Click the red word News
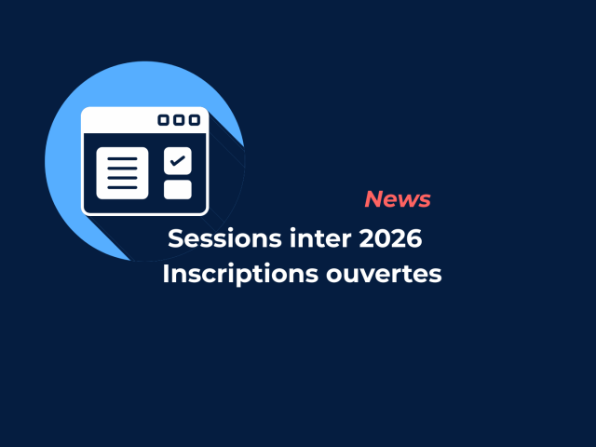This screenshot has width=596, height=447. pyautogui.click(x=398, y=199)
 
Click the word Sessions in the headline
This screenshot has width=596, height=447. pyautogui.click(x=222, y=238)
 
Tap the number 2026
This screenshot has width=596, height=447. pyautogui.click(x=390, y=238)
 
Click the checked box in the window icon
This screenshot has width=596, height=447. pyautogui.click(x=178, y=160)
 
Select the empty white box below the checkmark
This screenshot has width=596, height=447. pyautogui.click(x=178, y=190)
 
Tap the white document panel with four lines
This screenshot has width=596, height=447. pyautogui.click(x=122, y=173)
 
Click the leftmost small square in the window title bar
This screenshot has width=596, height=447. pyautogui.click(x=164, y=120)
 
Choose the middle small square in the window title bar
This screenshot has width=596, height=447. pyautogui.click(x=179, y=120)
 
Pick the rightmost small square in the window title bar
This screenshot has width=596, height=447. pyautogui.click(x=194, y=120)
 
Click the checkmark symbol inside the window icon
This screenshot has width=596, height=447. pyautogui.click(x=178, y=160)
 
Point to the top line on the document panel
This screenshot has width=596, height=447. pyautogui.click(x=122, y=159)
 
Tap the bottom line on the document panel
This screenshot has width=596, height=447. pyautogui.click(x=122, y=187)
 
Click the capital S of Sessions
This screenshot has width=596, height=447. pyautogui.click(x=175, y=238)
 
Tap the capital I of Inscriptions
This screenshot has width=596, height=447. pyautogui.click(x=166, y=275)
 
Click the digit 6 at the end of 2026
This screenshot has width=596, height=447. pyautogui.click(x=415, y=238)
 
